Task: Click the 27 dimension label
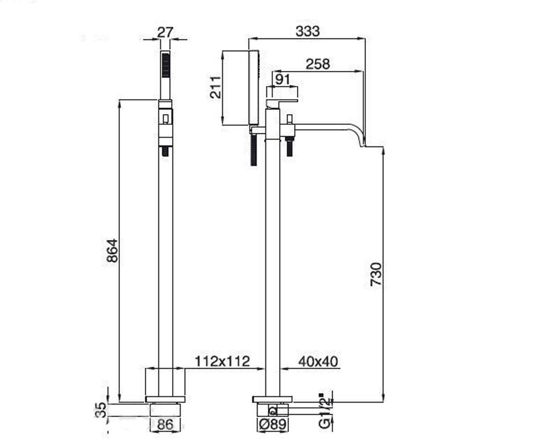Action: point(165,33)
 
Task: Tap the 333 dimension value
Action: point(308,31)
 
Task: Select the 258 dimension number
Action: point(318,64)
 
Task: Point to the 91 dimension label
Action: point(283,79)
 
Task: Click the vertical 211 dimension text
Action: point(215,87)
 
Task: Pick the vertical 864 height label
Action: point(112,251)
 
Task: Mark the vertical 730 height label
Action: point(376,274)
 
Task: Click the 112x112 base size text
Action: point(222,361)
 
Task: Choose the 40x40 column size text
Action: point(318,362)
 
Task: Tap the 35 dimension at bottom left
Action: point(101,410)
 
